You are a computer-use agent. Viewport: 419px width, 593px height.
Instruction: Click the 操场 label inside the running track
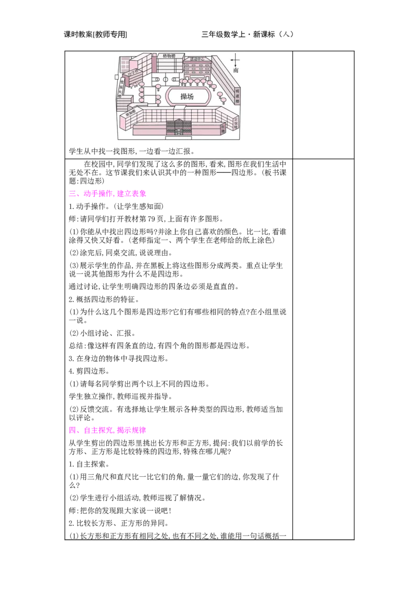[187, 96]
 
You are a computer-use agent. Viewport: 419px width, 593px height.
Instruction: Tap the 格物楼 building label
[169, 56]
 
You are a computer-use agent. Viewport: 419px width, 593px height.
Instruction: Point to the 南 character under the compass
[236, 70]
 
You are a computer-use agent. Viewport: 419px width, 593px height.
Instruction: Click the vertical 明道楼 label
[237, 95]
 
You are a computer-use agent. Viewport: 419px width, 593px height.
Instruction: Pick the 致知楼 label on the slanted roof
[129, 113]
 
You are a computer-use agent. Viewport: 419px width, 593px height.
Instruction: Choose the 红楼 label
[223, 128]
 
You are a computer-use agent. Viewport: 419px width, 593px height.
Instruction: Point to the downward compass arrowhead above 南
[236, 65]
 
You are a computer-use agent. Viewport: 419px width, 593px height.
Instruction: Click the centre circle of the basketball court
[166, 80]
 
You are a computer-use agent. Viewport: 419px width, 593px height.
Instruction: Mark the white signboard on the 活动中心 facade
[197, 77]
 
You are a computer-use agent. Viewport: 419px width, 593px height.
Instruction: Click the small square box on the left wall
[116, 77]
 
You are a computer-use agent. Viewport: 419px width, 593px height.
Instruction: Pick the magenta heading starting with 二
[107, 194]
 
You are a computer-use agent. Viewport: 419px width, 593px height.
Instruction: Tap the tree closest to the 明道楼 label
[224, 100]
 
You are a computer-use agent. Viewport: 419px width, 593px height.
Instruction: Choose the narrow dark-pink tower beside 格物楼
[155, 63]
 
